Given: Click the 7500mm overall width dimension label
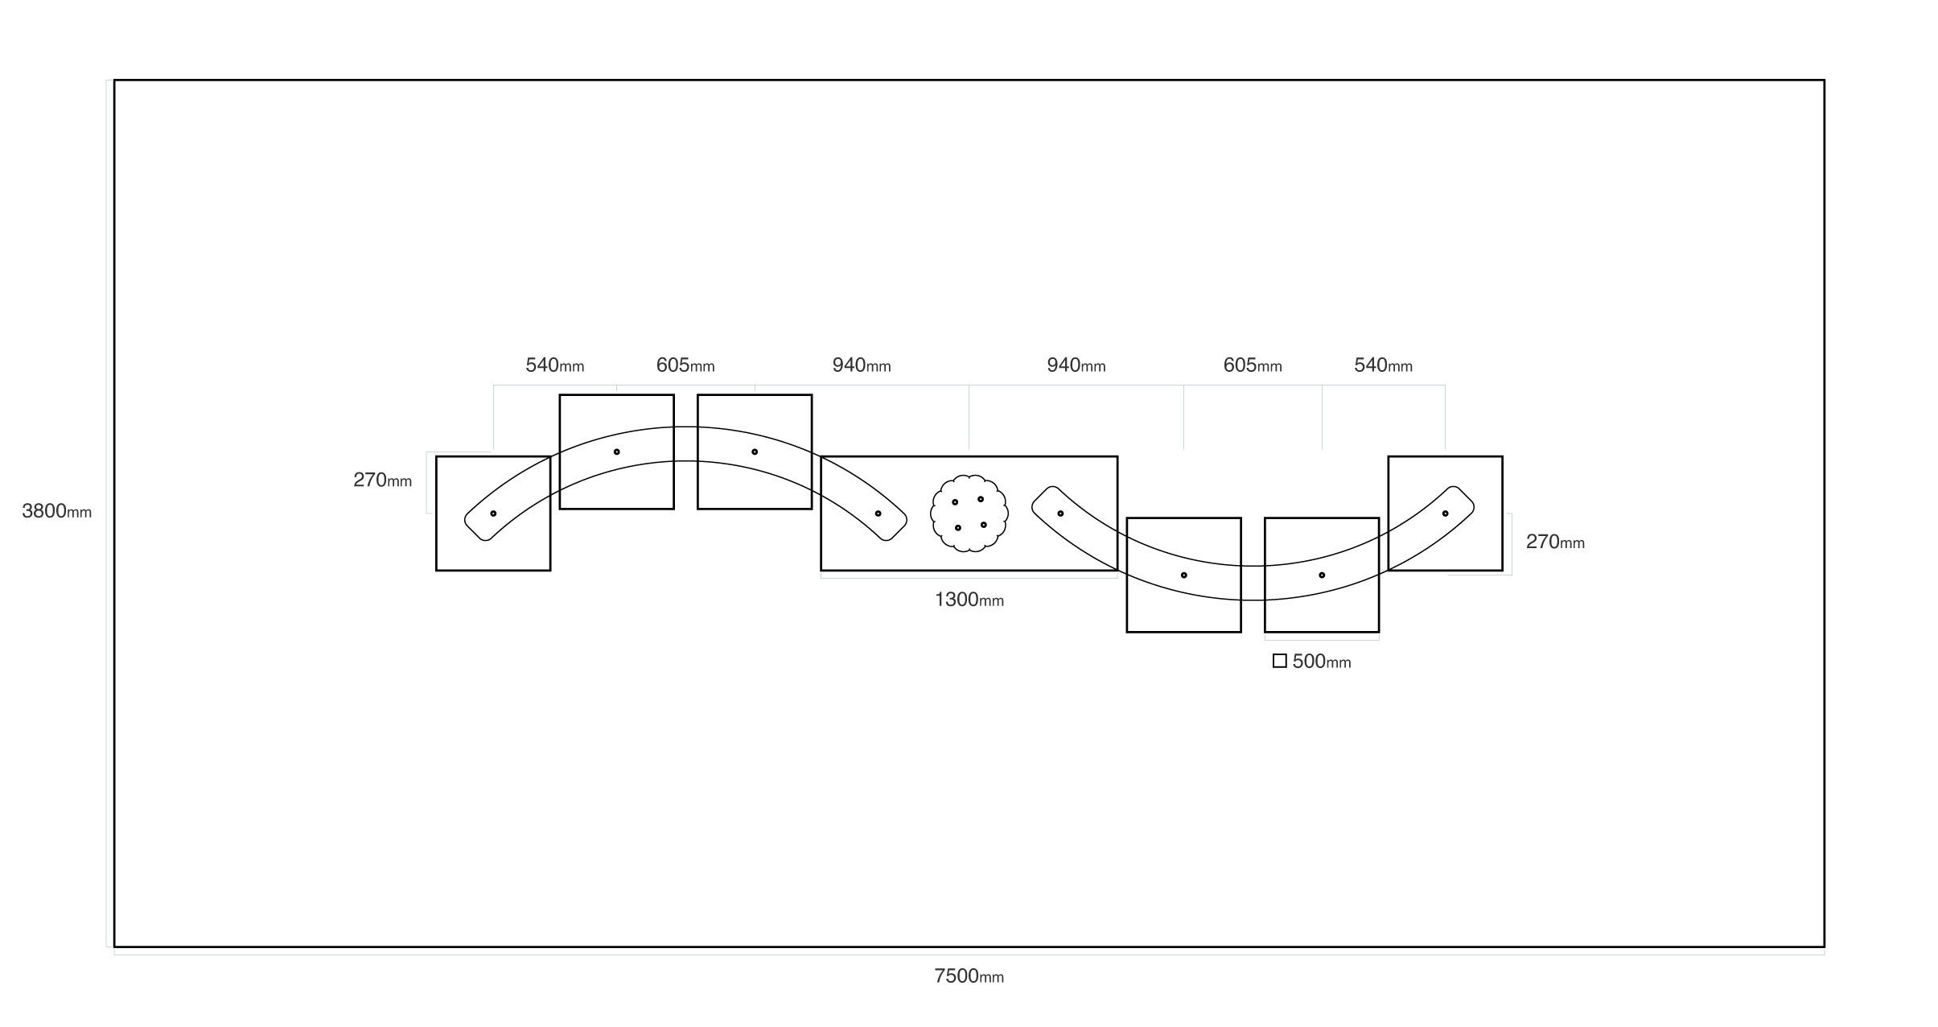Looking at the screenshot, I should point(969,976).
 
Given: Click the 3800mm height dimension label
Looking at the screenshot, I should point(56,511).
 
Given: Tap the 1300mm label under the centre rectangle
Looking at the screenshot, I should point(969,600).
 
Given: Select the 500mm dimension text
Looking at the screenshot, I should point(1321,662).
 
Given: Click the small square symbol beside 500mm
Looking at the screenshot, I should point(1279,661).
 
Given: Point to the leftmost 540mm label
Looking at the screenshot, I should point(554,365).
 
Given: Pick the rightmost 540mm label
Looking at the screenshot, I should point(1383,365).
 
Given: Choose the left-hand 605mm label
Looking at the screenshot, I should point(685,365).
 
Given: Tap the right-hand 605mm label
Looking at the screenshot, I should point(1253,365).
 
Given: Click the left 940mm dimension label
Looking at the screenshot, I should point(862,365).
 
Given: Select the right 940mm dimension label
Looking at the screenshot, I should point(1076,365).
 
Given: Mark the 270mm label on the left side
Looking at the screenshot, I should point(382,481).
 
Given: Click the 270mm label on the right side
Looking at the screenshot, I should point(1555,542).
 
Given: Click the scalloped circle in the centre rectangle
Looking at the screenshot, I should point(969,513).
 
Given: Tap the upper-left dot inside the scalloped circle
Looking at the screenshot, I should point(955,502).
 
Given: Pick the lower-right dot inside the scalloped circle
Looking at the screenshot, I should point(983,525).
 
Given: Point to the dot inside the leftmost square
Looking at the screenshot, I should point(493,513).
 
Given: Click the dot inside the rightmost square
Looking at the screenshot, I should point(1445,513).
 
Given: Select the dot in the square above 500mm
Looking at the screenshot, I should point(1321,575).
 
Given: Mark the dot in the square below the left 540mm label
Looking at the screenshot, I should point(616,452).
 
